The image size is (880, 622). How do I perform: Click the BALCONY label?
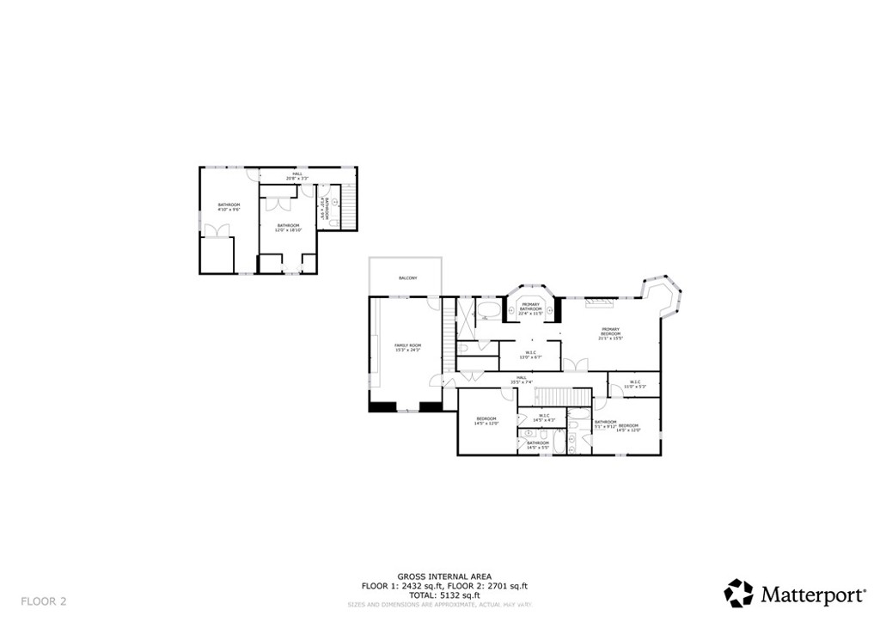point(407,278)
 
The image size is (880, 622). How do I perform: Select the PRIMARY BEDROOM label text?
point(610,333)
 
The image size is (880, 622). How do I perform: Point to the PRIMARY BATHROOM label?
point(530,308)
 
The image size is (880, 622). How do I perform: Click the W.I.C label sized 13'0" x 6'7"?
point(530,355)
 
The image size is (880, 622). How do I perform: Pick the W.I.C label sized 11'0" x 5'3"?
point(634,384)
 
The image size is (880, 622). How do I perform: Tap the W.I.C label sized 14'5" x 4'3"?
point(544,418)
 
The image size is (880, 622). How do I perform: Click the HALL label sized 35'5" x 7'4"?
point(522,380)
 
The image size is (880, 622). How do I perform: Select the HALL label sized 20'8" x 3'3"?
point(297,176)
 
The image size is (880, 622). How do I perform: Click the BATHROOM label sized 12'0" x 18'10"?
point(287,228)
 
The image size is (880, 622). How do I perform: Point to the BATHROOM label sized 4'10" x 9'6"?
point(229,206)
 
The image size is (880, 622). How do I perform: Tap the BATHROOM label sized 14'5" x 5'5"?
point(538,445)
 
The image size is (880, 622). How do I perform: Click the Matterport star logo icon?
point(738,593)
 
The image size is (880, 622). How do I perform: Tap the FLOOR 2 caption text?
point(43,601)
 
